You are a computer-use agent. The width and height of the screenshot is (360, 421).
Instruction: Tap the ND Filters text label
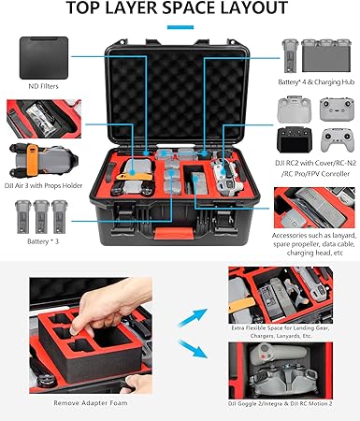click(x=45, y=90)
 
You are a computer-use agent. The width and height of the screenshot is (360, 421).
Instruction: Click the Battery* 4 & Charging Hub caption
click(x=310, y=90)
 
